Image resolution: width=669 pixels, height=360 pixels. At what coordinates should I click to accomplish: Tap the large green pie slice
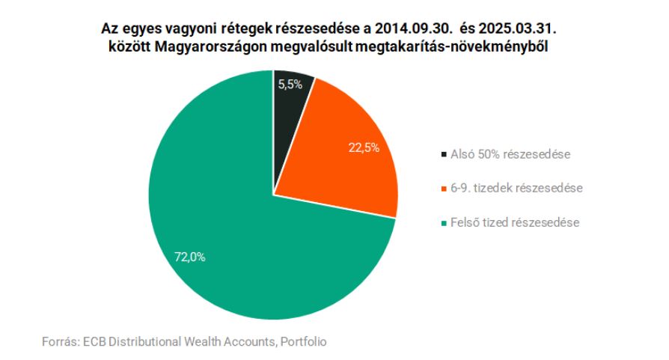247,247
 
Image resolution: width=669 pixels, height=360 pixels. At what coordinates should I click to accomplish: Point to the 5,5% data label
290,85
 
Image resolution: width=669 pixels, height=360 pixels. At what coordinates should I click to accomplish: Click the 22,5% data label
364,147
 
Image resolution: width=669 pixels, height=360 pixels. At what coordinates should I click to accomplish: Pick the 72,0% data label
189,257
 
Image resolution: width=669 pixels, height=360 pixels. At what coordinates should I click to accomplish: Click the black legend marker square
445,156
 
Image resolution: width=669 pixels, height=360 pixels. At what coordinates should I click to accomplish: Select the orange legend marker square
445,189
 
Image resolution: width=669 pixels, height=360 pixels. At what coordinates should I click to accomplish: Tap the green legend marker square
445,222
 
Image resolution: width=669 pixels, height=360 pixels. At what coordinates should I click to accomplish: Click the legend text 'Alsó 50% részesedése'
510,156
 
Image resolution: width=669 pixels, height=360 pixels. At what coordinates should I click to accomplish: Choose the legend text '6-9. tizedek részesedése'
516,189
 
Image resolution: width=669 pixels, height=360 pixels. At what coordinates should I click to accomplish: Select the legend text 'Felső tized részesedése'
515,222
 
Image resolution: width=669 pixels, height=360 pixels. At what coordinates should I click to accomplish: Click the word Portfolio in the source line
304,341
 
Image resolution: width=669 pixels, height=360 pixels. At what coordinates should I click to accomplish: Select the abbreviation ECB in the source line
96,341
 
